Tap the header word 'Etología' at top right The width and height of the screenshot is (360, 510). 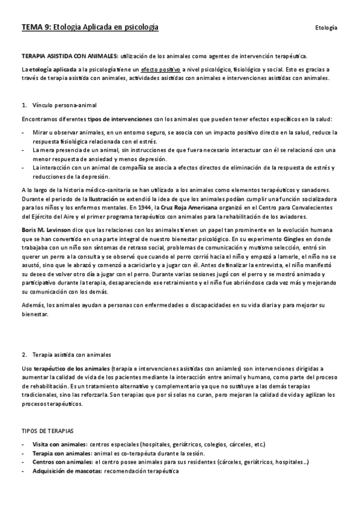(x=326, y=28)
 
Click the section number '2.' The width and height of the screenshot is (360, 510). (x=25, y=355)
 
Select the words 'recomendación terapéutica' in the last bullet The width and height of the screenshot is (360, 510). (x=141, y=471)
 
